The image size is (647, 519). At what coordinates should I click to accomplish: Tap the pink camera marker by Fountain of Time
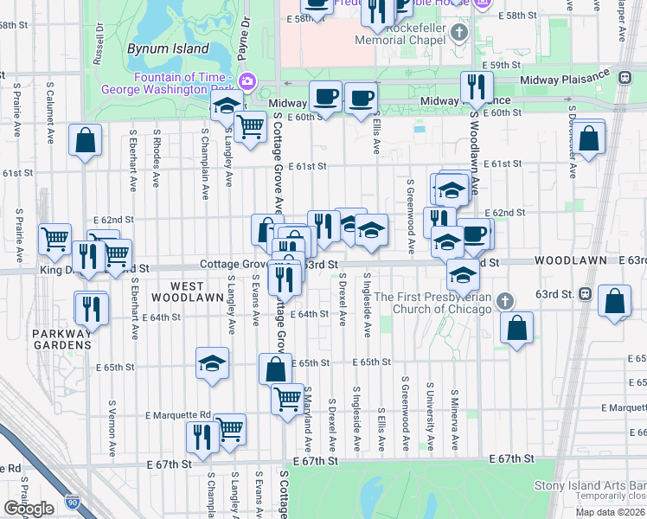247,80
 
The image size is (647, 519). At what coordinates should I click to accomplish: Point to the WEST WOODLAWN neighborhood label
176,292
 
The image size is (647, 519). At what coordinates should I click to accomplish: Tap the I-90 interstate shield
71,502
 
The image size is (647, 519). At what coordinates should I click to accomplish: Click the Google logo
29,509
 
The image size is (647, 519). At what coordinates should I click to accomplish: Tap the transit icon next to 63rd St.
586,293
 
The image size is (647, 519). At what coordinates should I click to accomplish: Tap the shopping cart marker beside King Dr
55,238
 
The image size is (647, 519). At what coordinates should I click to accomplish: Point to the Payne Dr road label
246,29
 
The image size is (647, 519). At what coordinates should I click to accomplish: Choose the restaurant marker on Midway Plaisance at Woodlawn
476,86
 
